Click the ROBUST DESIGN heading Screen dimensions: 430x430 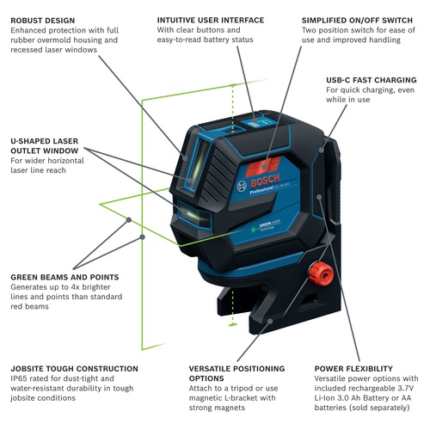pos(50,19)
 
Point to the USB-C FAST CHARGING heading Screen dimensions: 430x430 pos(372,78)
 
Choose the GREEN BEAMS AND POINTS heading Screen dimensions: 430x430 pos(64,277)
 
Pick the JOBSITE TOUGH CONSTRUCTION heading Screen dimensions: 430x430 pos(75,368)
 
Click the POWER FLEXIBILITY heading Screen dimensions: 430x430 pos(353,368)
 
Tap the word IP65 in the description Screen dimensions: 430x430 pos(21,378)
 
